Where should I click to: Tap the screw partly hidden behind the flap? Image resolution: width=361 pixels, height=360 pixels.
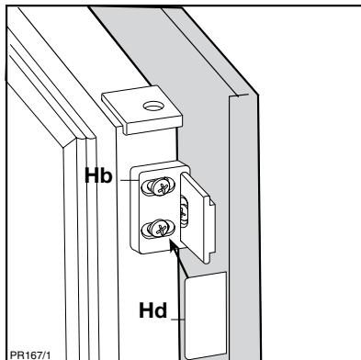coord(185,210)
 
